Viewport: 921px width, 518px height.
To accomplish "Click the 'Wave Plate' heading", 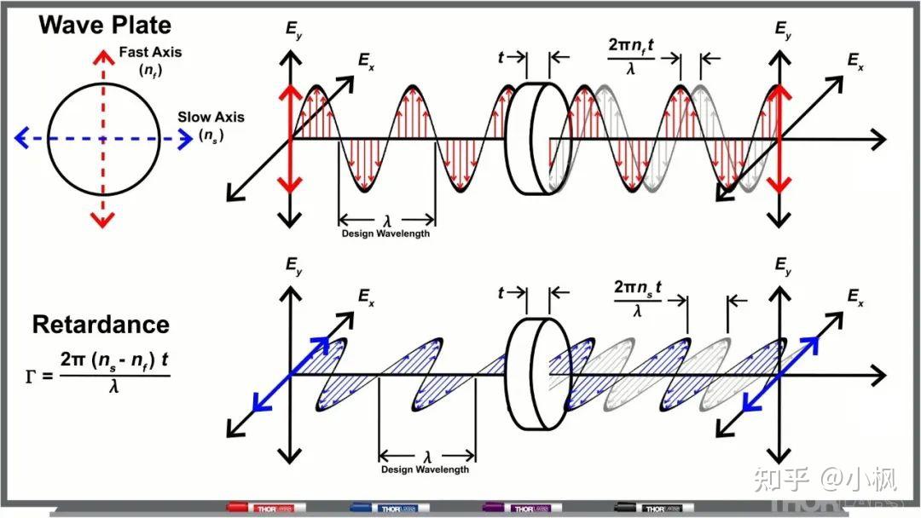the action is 105,25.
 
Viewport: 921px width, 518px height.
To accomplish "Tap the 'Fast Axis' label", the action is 150,52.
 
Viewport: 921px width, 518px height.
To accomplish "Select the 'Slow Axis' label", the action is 211,117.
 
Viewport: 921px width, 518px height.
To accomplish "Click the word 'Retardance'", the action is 101,325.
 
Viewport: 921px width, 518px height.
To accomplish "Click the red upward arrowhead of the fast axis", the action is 103,56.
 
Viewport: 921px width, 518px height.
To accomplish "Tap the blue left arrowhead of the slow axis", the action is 21,139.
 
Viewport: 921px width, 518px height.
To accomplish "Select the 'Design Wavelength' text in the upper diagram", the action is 386,233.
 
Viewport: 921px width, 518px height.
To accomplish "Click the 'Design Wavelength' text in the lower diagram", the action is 425,469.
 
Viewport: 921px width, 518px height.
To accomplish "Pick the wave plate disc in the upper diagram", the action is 537,139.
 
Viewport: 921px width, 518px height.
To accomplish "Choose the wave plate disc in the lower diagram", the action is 537,374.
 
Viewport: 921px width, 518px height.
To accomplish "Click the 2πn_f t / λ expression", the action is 631,57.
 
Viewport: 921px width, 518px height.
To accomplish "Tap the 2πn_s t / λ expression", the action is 637,298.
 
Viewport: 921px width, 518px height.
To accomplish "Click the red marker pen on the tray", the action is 266,508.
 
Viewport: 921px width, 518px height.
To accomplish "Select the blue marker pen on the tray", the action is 389,508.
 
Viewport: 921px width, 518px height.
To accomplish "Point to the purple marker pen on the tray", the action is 522,508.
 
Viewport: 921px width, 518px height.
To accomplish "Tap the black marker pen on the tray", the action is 654,508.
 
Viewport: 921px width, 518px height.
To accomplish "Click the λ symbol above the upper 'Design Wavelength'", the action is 387,221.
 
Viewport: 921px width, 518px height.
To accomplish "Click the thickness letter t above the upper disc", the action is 501,57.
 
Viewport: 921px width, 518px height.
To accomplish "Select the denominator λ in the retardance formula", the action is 114,386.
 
